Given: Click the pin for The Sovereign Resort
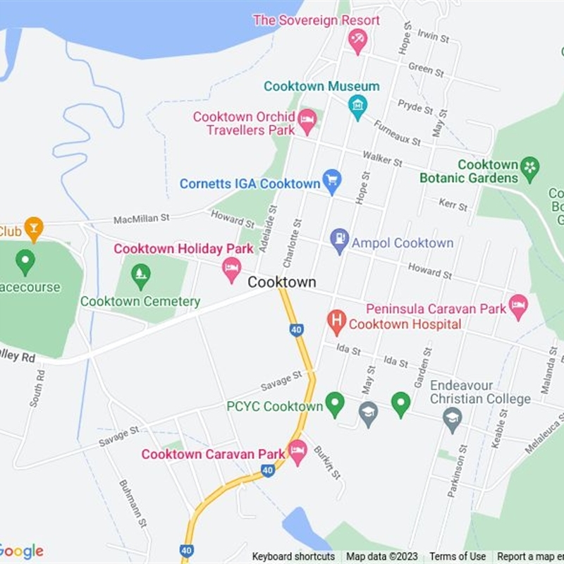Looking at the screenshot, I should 357,41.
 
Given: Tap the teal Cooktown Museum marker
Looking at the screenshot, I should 357,106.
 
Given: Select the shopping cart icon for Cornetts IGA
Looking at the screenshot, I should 331,181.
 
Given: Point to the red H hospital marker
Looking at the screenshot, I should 336,322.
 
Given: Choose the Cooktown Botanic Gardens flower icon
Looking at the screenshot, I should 529,168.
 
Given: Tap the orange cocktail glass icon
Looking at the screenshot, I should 33,228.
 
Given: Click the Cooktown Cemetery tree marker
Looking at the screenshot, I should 141,276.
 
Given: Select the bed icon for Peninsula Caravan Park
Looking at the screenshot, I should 518,307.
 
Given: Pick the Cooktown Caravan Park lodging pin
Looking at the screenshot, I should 298,451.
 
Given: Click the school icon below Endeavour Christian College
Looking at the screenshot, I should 452,419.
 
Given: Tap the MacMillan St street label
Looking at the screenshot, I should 142,219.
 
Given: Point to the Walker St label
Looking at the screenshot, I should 382,158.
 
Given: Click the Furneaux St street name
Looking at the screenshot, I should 397,132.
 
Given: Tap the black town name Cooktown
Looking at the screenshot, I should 281,282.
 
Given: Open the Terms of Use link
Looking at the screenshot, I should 458,557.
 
